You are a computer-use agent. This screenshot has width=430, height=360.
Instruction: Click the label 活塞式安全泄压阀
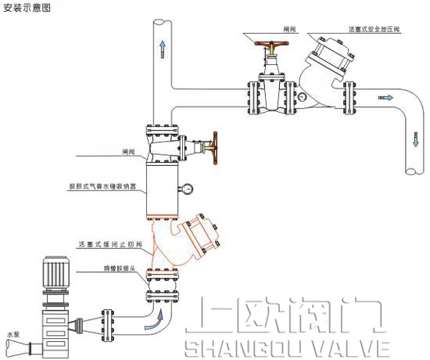[x=374, y=29]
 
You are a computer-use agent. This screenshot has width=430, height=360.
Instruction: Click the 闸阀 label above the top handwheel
[x=289, y=29]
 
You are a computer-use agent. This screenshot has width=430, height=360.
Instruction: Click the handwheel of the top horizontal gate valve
[x=273, y=45]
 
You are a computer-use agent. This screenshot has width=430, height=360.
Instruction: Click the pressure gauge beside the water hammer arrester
[x=188, y=187]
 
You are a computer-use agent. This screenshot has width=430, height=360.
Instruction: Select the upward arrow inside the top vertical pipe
[x=163, y=49]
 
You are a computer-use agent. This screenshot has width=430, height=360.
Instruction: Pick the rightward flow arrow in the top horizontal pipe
[x=385, y=97]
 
